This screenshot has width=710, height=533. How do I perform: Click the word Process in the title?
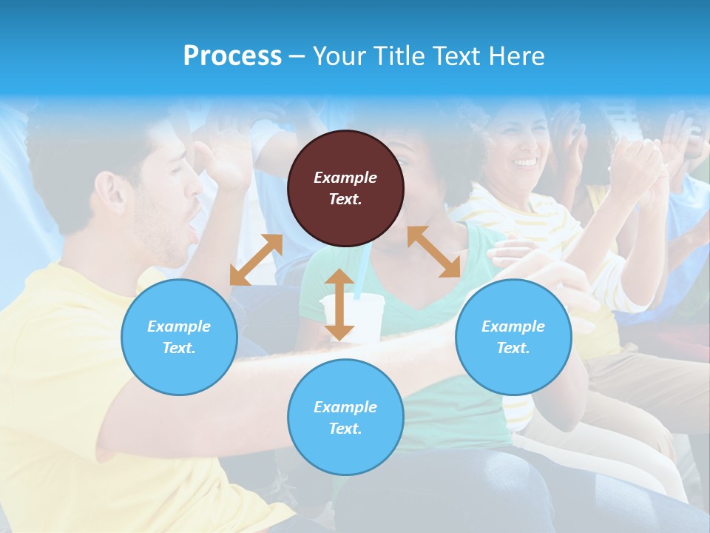[x=232, y=56]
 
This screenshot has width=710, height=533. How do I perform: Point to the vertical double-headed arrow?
[x=339, y=304]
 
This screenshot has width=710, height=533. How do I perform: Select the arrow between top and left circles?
[x=256, y=259]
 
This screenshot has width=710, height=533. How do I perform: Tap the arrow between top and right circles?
[x=433, y=252]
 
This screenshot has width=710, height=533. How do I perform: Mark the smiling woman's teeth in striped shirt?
[x=526, y=161]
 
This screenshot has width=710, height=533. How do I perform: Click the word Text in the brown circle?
[x=345, y=199]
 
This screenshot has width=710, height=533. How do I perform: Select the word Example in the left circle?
[x=179, y=326]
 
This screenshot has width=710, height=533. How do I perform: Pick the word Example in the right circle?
[x=513, y=326]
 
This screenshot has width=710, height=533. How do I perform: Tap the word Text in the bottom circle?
[x=345, y=429]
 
